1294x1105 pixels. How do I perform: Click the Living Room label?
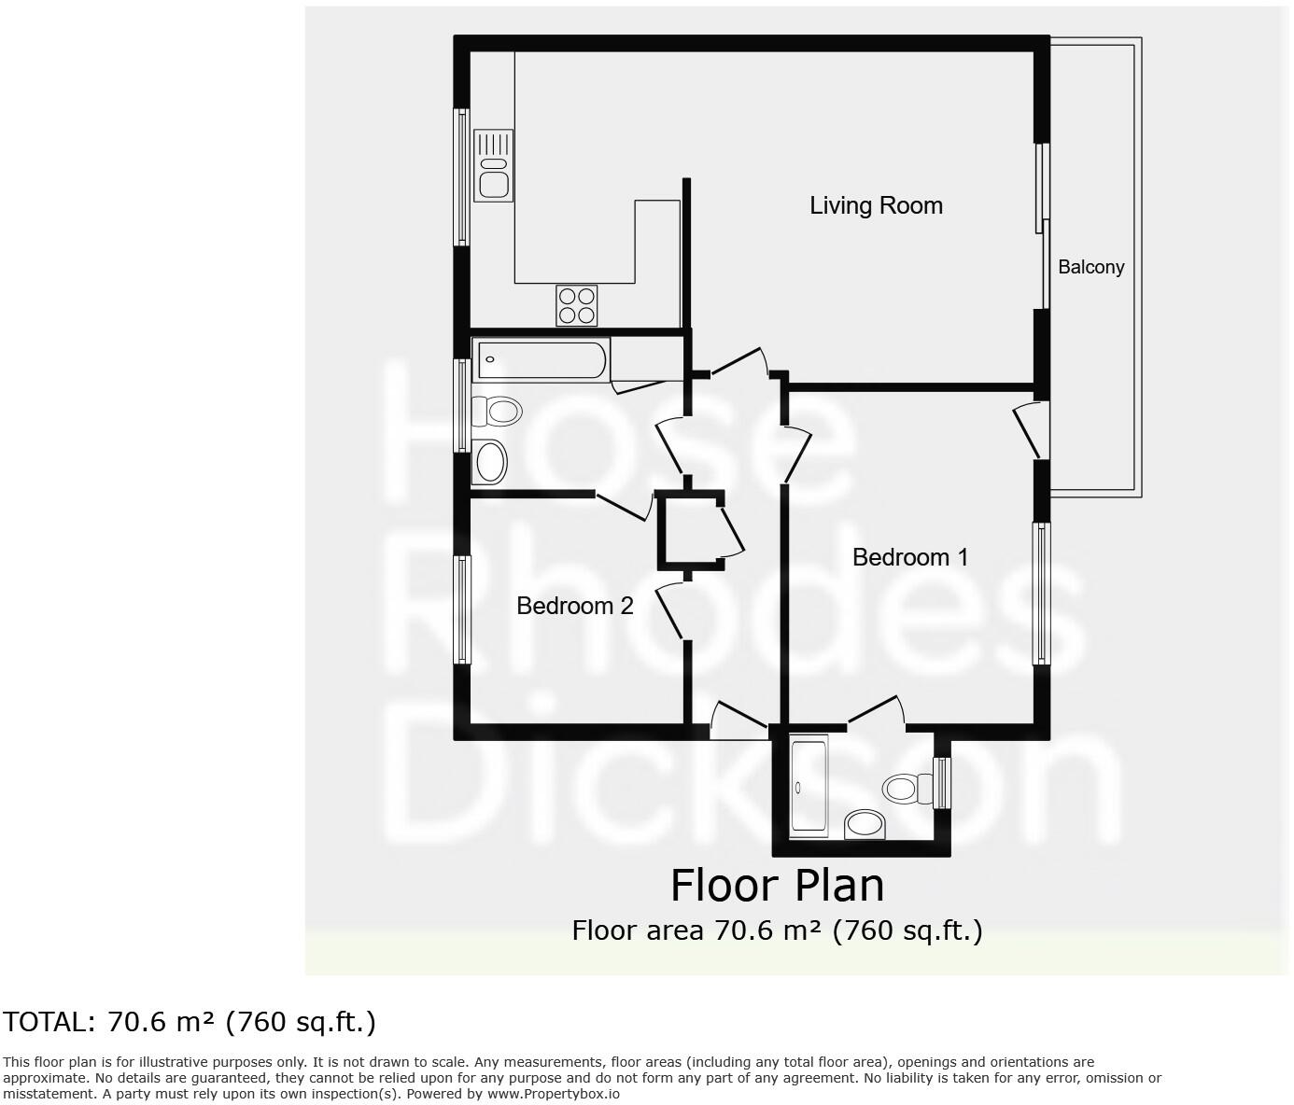(x=876, y=205)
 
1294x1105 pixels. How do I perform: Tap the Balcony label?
(x=1090, y=267)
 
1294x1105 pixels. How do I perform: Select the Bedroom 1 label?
(x=910, y=557)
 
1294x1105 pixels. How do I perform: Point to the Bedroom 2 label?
(x=575, y=606)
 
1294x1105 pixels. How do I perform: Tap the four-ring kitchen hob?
(x=576, y=305)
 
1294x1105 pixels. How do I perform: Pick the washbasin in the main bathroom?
(x=490, y=461)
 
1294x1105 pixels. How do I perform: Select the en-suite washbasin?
(x=865, y=823)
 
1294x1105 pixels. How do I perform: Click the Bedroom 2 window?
(x=462, y=609)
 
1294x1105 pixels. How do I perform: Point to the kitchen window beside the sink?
(x=461, y=176)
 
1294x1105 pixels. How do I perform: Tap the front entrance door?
(x=738, y=720)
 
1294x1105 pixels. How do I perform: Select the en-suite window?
(x=943, y=782)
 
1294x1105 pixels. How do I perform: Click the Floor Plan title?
(x=777, y=885)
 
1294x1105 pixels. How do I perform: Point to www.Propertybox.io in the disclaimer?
(x=553, y=1094)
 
